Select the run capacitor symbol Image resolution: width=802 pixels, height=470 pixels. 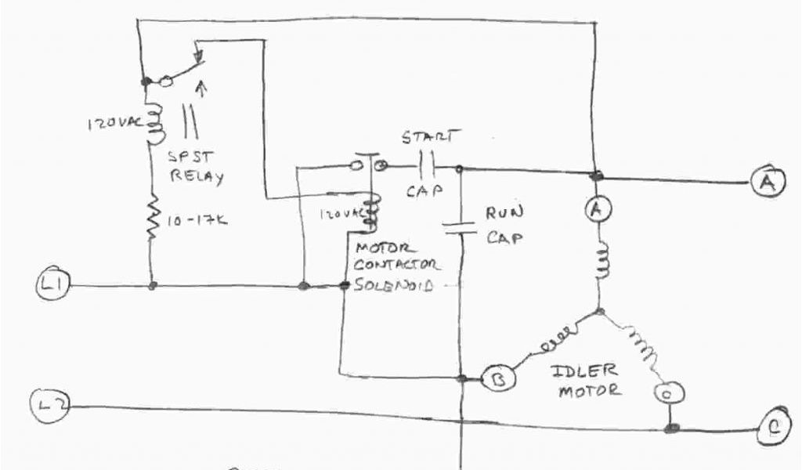click(461, 227)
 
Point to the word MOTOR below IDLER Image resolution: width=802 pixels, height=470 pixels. click(589, 389)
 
